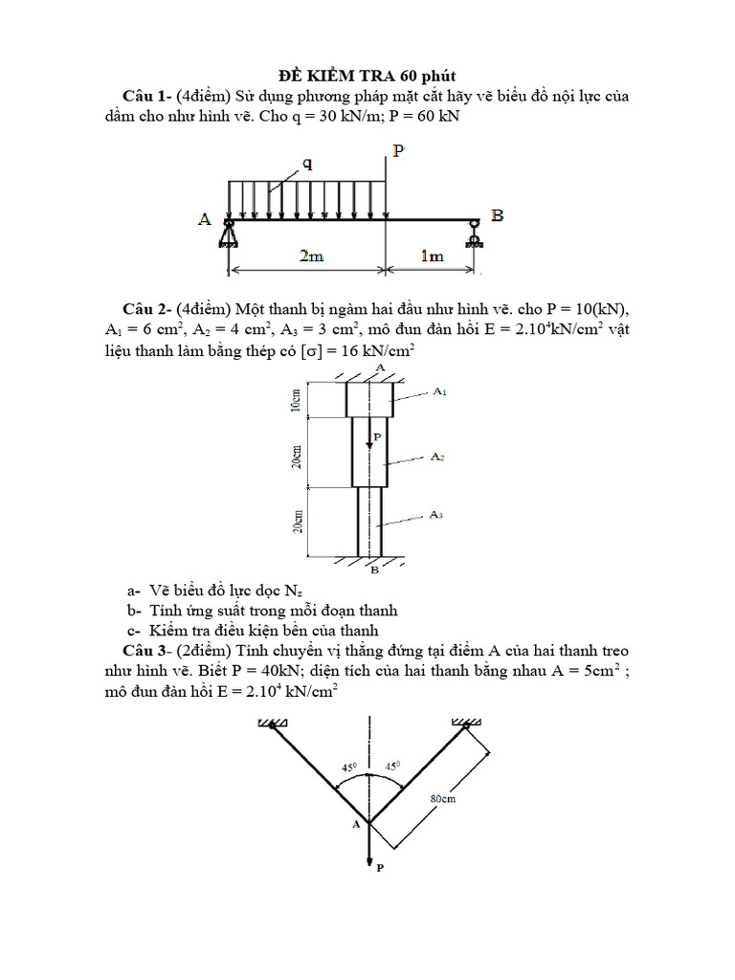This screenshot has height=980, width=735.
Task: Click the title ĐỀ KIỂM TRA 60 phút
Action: pyautogui.click(x=367, y=76)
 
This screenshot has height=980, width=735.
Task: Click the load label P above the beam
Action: pyautogui.click(x=397, y=151)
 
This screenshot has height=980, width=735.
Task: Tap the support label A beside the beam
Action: pyautogui.click(x=205, y=219)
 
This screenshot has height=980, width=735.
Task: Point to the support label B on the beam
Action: pyautogui.click(x=497, y=216)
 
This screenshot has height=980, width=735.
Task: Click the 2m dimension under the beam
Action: pyautogui.click(x=311, y=256)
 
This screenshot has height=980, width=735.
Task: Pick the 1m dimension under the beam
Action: pyautogui.click(x=433, y=256)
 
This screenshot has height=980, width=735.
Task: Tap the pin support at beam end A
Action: pyautogui.click(x=230, y=233)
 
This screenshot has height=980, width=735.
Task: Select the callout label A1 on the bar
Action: pyautogui.click(x=439, y=391)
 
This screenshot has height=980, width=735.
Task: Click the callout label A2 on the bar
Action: pyautogui.click(x=437, y=457)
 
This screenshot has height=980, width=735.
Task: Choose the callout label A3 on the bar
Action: pyautogui.click(x=435, y=515)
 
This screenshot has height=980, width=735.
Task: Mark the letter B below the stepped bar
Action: pyautogui.click(x=374, y=570)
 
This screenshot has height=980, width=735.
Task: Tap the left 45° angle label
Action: pyautogui.click(x=348, y=768)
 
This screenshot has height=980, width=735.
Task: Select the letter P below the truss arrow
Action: pyautogui.click(x=380, y=867)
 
